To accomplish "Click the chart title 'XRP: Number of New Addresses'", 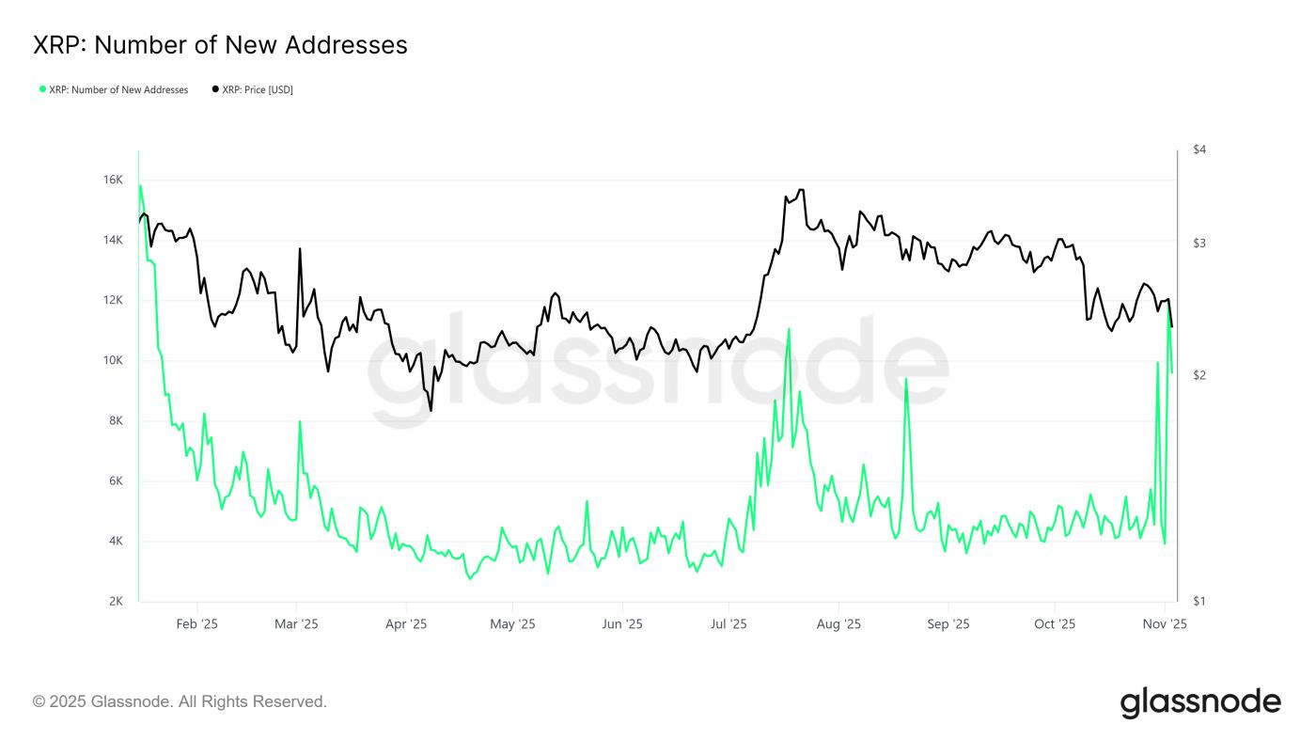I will (220, 44).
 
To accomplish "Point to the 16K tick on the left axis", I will (113, 180).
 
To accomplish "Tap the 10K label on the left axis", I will (113, 360).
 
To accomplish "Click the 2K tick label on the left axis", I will (115, 602).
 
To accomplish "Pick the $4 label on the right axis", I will (1198, 150).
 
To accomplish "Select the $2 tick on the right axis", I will (1198, 375).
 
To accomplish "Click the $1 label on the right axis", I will (1198, 602).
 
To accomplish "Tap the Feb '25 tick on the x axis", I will (197, 623).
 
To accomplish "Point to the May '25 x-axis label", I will (512, 623).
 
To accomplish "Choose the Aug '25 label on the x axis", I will (838, 623).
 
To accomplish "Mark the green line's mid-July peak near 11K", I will (789, 329).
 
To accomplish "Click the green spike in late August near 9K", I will (906, 379).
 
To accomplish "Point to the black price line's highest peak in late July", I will (800, 190).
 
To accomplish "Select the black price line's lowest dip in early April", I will (431, 410).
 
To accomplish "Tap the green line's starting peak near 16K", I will (140, 185).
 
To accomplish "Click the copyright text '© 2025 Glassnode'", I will (180, 701).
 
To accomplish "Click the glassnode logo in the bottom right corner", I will (1200, 702).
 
